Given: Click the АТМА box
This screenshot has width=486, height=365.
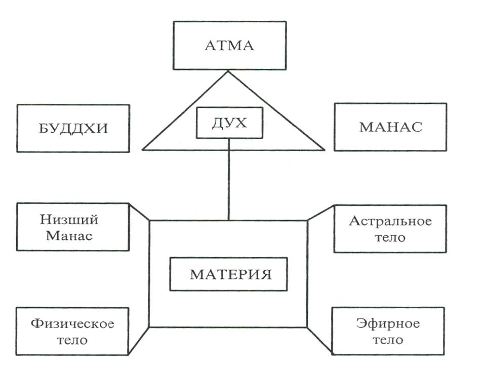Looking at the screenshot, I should pyautogui.click(x=229, y=46).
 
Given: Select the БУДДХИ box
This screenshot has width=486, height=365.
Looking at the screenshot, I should pyautogui.click(x=73, y=128).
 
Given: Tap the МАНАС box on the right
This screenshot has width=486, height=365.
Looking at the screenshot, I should pyautogui.click(x=390, y=127).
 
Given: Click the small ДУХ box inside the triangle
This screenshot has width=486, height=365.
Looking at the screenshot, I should pyautogui.click(x=229, y=124).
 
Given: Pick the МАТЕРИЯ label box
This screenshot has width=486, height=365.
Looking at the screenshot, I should pyautogui.click(x=228, y=274).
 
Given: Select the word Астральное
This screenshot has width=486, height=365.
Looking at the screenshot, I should pyautogui.click(x=390, y=221).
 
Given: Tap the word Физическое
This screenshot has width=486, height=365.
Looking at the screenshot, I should pyautogui.click(x=72, y=323).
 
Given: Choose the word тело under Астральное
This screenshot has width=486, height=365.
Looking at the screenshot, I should pyautogui.click(x=390, y=237).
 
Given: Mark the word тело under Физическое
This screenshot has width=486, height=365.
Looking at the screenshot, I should pyautogui.click(x=72, y=339).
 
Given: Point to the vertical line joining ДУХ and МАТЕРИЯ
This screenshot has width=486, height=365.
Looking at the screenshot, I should pyautogui.click(x=229, y=177).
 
